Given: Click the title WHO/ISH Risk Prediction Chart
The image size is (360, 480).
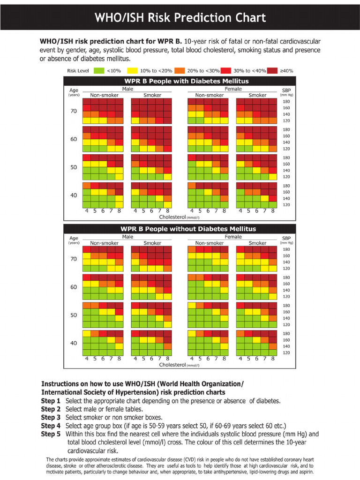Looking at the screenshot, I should pyautogui.click(x=180, y=18).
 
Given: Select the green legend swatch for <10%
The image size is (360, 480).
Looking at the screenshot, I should pyautogui.click(x=98, y=71).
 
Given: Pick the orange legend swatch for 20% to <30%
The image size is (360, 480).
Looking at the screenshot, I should pyautogui.click(x=180, y=71).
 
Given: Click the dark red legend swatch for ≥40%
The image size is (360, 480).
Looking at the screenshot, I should pyautogui.click(x=273, y=71).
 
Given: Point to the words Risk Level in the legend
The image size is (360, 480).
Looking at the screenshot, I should pyautogui.click(x=78, y=71).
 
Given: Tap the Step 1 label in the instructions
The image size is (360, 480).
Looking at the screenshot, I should pyautogui.click(x=51, y=401).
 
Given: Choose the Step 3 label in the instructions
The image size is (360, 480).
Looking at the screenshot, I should pyautogui.click(x=51, y=417).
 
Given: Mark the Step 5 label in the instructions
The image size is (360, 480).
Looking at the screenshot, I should pyautogui.click(x=51, y=434).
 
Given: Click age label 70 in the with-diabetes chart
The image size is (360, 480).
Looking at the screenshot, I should pyautogui.click(x=74, y=111).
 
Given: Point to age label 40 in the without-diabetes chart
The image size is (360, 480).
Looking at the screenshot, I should pyautogui.click(x=74, y=343).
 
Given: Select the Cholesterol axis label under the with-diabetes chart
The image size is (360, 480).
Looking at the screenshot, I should pyautogui.click(x=172, y=217).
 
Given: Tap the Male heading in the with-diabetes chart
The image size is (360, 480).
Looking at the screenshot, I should pyautogui.click(x=127, y=89).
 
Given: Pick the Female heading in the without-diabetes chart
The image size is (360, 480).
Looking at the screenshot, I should pyautogui.click(x=233, y=237).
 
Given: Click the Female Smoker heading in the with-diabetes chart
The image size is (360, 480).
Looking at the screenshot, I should pyautogui.click(x=257, y=95).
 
